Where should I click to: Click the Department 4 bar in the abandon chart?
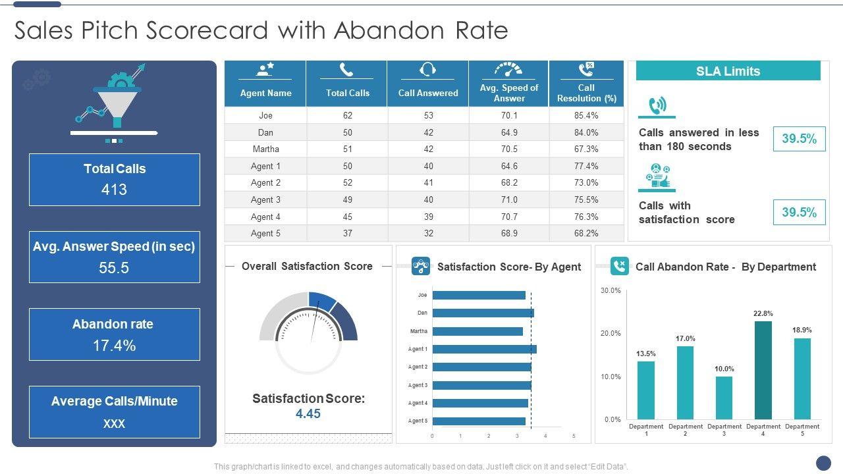pos(763,370)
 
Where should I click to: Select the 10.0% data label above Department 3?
pos(724,369)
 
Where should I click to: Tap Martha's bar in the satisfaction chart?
pos(477,331)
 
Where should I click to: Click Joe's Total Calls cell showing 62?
pos(347,115)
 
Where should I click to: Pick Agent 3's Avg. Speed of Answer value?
pos(509,199)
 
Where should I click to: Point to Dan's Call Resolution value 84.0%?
pos(586,132)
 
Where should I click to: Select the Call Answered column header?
pos(428,93)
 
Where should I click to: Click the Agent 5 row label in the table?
pos(265,233)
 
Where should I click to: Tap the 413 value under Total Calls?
pos(114,190)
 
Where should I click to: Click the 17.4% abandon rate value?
pos(114,346)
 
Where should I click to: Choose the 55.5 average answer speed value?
pos(114,268)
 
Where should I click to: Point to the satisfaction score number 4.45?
pos(308,413)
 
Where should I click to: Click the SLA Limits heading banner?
pos(728,71)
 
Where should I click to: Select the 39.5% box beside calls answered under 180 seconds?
pos(799,139)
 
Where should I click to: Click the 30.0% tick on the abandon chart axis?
pos(611,290)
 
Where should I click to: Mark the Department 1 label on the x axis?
pos(646,430)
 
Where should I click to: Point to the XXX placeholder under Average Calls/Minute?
pos(114,423)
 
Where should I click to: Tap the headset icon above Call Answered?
pos(428,69)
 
